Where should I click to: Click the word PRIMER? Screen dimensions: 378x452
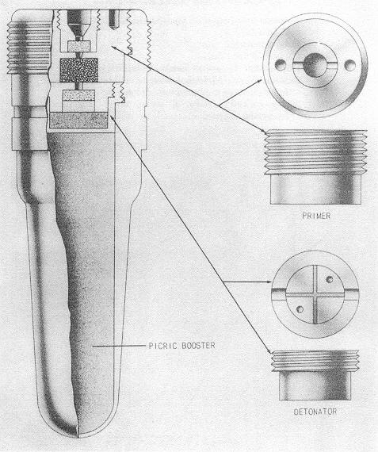point(316,216)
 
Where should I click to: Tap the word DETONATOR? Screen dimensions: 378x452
point(315,412)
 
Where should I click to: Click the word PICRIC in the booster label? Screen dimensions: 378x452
point(162,345)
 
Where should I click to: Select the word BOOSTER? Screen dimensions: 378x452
point(198,345)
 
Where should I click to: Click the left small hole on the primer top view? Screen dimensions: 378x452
point(281,64)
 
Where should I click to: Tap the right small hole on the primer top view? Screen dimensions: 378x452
point(349,65)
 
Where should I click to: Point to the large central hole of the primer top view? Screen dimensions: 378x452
point(315,65)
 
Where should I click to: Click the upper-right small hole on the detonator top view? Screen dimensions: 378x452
point(330,279)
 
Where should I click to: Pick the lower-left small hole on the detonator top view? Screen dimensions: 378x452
point(300,309)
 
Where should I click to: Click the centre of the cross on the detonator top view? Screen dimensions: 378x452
point(315,295)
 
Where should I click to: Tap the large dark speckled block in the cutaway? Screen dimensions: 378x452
point(78,70)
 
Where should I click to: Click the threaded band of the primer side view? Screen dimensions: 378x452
point(315,152)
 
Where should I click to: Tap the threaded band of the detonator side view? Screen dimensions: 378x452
point(315,361)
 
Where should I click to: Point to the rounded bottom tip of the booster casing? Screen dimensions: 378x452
point(78,436)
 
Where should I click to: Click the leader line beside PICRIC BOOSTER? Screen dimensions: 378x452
point(119,345)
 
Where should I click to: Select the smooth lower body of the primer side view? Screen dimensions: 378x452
point(315,189)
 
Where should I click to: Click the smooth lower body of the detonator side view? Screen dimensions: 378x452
point(315,385)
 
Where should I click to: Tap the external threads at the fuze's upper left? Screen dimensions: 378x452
point(29,48)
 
